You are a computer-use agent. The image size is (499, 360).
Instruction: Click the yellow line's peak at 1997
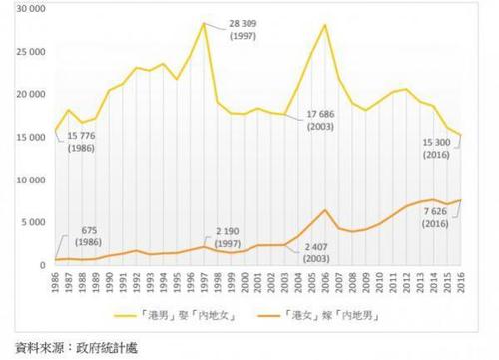pyautogui.click(x=205, y=23)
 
